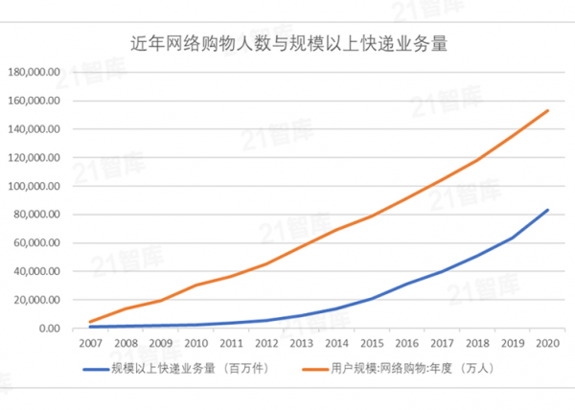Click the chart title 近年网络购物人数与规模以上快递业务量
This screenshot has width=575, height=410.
[x=288, y=44]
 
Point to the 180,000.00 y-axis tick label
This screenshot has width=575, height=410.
[x=34, y=72]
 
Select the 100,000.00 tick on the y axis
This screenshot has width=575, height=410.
[x=34, y=186]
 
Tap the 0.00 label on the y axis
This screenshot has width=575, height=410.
[x=47, y=329]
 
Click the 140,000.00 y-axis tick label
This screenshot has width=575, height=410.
[x=34, y=129]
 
